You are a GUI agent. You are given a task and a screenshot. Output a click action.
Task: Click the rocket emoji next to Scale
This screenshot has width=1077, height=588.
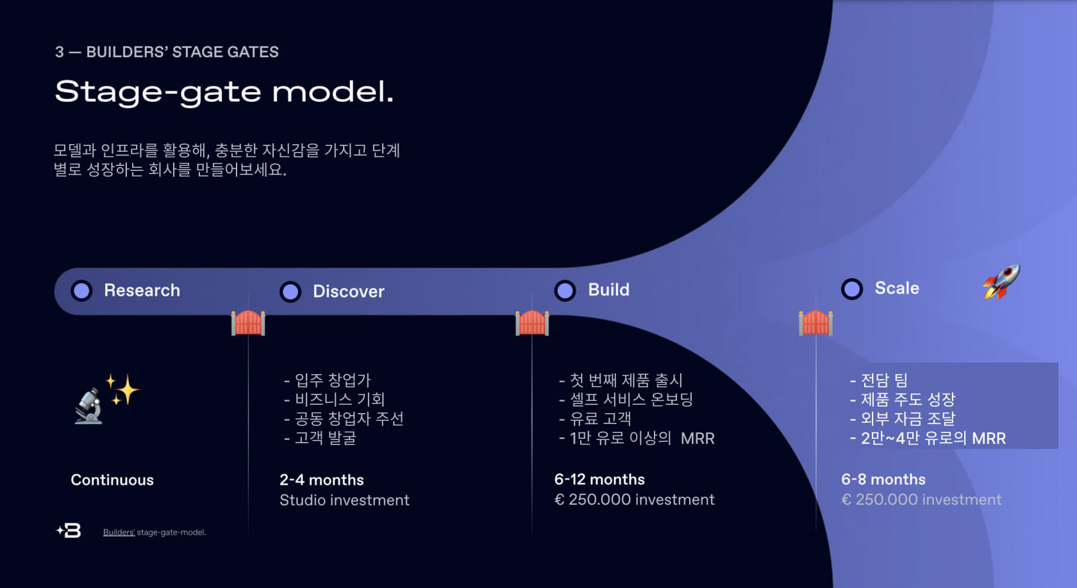click(x=1001, y=281)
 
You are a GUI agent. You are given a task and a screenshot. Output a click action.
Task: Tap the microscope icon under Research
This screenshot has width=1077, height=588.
click(x=88, y=406)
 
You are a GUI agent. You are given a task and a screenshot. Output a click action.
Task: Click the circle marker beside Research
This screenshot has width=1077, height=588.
click(x=81, y=290)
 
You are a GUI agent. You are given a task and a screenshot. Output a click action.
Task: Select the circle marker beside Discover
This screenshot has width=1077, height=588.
click(x=290, y=291)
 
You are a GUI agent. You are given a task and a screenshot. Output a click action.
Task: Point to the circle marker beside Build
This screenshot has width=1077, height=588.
click(x=565, y=290)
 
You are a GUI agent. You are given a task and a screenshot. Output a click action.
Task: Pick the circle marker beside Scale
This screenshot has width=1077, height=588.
click(x=852, y=289)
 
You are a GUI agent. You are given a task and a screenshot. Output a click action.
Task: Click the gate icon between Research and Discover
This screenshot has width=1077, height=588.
click(x=248, y=322)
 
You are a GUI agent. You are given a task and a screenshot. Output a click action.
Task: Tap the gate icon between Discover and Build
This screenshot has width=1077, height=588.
click(x=532, y=322)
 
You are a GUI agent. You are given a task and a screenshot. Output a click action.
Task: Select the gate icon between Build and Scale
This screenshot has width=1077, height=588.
click(x=815, y=322)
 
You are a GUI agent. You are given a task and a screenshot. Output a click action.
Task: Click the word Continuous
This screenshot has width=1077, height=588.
click(x=112, y=480)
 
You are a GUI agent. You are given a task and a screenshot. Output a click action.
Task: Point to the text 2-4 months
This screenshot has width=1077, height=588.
click(x=321, y=480)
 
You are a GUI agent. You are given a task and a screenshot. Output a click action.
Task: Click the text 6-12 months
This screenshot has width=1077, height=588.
click(x=599, y=479)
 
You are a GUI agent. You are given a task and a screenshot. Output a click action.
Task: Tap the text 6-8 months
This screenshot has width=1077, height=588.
click(x=883, y=479)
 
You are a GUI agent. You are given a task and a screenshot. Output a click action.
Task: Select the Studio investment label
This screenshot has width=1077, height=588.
click(x=344, y=500)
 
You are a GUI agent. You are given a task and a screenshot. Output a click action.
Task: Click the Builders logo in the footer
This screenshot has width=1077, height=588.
click(x=69, y=530)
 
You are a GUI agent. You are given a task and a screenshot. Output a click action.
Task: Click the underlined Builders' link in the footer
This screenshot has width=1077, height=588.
click(x=119, y=532)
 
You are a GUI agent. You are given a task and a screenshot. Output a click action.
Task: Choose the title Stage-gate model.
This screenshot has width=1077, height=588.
click(x=224, y=92)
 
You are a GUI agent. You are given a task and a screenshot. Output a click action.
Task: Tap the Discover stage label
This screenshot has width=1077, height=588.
click(x=348, y=291)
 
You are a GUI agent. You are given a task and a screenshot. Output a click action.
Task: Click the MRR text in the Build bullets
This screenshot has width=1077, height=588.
click(x=697, y=438)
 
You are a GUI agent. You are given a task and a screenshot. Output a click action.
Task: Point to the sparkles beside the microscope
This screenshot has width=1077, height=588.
click(x=123, y=389)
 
